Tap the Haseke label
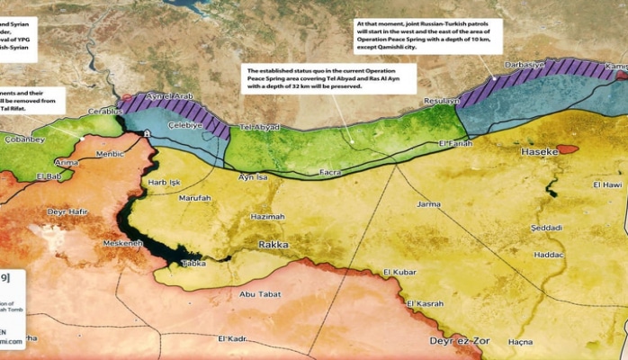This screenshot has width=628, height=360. tap(540, 153)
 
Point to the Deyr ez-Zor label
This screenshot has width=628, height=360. tap(458, 342)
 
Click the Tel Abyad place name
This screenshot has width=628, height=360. tap(258, 128)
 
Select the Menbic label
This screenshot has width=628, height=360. tap(110, 153)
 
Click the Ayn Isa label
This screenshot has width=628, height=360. tap(253, 177)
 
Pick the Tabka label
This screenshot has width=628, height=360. tap(193, 263)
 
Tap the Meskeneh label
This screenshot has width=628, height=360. tap(122, 243)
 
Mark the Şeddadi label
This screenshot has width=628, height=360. tap(546, 228)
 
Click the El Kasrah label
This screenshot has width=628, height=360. tap(425, 303)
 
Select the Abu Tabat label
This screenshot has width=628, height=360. tap(259, 293)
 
